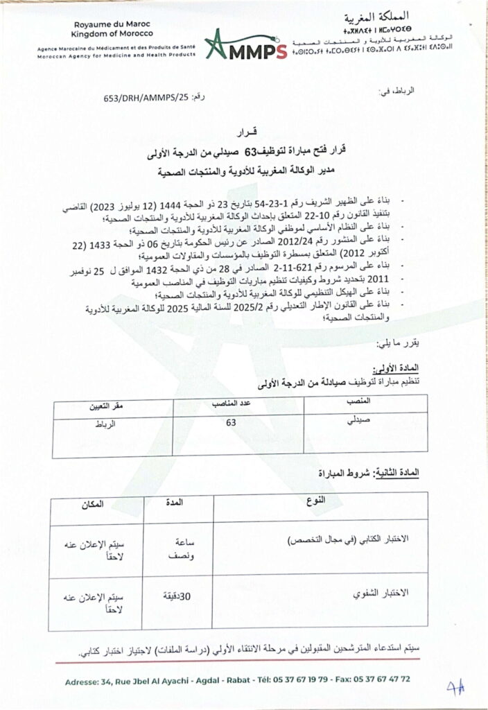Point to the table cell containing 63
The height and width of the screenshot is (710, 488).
[x=232, y=421]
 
